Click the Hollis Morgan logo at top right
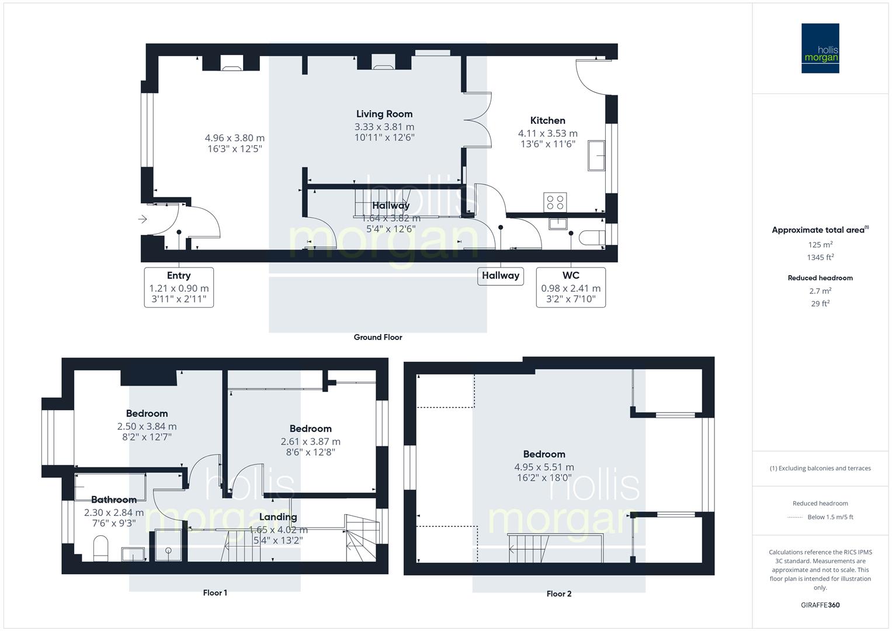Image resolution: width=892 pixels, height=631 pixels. pos(820,48)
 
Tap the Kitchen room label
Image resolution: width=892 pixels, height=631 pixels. pos(547,120)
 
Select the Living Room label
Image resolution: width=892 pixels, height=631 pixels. pos(384,114)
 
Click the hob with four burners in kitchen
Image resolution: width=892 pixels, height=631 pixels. pos(554,202)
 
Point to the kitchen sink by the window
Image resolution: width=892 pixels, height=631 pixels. pos(596,155)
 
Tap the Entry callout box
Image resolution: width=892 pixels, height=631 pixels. pos(179,287)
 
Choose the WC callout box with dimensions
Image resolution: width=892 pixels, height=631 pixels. pos(571,287)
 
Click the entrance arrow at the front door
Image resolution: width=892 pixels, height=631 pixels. pos(143,220)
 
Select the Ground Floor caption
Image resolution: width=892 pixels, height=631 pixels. pos(378,337)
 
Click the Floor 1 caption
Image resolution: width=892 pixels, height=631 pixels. pos(215,592)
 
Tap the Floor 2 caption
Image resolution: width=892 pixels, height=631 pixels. pos(559,594)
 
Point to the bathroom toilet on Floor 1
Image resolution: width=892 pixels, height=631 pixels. pos(100,547)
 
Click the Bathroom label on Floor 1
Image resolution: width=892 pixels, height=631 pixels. pos(114,500)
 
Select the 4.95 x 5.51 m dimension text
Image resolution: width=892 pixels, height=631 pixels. pos(544,467)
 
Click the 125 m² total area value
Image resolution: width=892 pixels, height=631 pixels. pos(820,245)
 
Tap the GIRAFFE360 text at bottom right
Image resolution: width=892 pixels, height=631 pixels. pos(820,605)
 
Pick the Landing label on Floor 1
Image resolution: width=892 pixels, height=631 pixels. pos(278,517)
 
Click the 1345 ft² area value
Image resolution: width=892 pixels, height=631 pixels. pos(820,257)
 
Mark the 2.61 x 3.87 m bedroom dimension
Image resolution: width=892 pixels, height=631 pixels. pos(310,442)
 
